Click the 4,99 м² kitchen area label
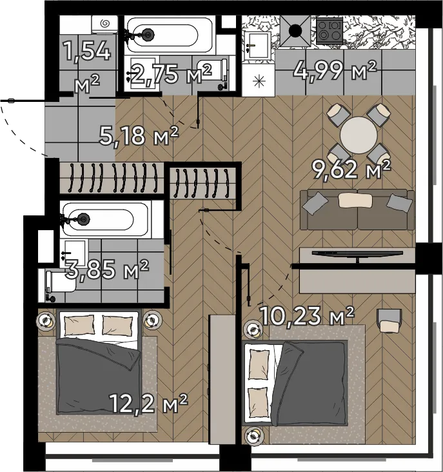pos(335,70)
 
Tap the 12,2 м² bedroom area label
pos(148,404)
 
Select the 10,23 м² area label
pos(306,316)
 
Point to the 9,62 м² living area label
pos(351,170)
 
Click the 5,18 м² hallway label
pos(139,136)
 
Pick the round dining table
pos(359,135)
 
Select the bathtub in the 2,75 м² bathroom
pos(170,35)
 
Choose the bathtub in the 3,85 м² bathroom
pos(106,219)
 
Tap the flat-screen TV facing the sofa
pos(357,254)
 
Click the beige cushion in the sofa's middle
pos(355,201)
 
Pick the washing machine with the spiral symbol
pos(104,25)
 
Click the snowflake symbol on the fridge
pos(259,81)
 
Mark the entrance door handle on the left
pos(12,101)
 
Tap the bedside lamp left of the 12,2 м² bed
pos(46,320)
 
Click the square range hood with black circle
pos(295,31)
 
